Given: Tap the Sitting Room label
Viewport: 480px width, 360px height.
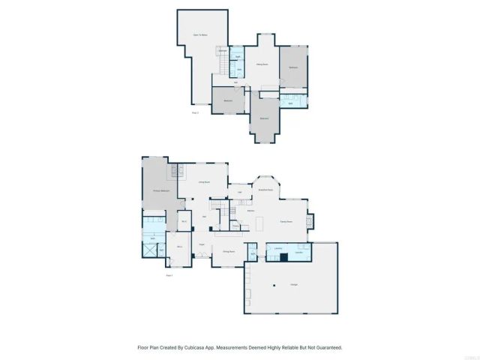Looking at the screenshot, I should click(262, 65).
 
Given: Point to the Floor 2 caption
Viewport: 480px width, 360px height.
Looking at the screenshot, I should click(194, 112).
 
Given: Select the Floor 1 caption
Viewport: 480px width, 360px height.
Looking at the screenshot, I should click(169, 275).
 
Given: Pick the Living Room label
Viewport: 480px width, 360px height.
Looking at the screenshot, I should click(203, 182).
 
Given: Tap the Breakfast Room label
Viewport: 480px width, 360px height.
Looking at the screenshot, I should click(265, 190).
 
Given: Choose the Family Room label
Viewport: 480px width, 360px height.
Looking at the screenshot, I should click(286, 222).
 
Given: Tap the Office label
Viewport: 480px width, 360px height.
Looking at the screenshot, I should click(180, 246).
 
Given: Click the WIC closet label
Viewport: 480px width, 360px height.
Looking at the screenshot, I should click(184, 222).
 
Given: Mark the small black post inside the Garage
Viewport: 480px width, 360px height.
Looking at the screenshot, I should click(274, 284).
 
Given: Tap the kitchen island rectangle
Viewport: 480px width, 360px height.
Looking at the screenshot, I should click(259, 224).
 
